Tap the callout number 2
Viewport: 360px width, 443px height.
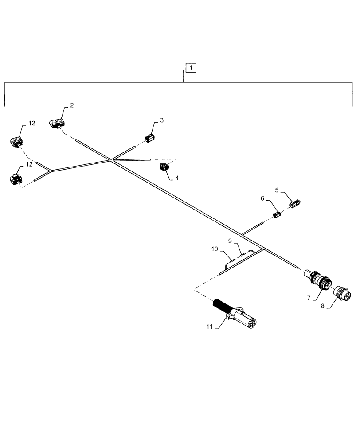(71, 105)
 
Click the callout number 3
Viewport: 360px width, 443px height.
(162, 120)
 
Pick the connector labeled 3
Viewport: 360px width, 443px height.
(150, 138)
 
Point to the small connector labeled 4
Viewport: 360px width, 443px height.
(164, 167)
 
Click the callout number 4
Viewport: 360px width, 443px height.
(177, 178)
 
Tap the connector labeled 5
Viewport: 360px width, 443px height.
(295, 204)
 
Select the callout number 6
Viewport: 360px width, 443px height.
(263, 199)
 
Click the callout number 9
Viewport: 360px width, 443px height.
(230, 241)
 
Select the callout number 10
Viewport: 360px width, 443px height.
(215, 249)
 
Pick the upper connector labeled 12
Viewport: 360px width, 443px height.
(16, 141)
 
